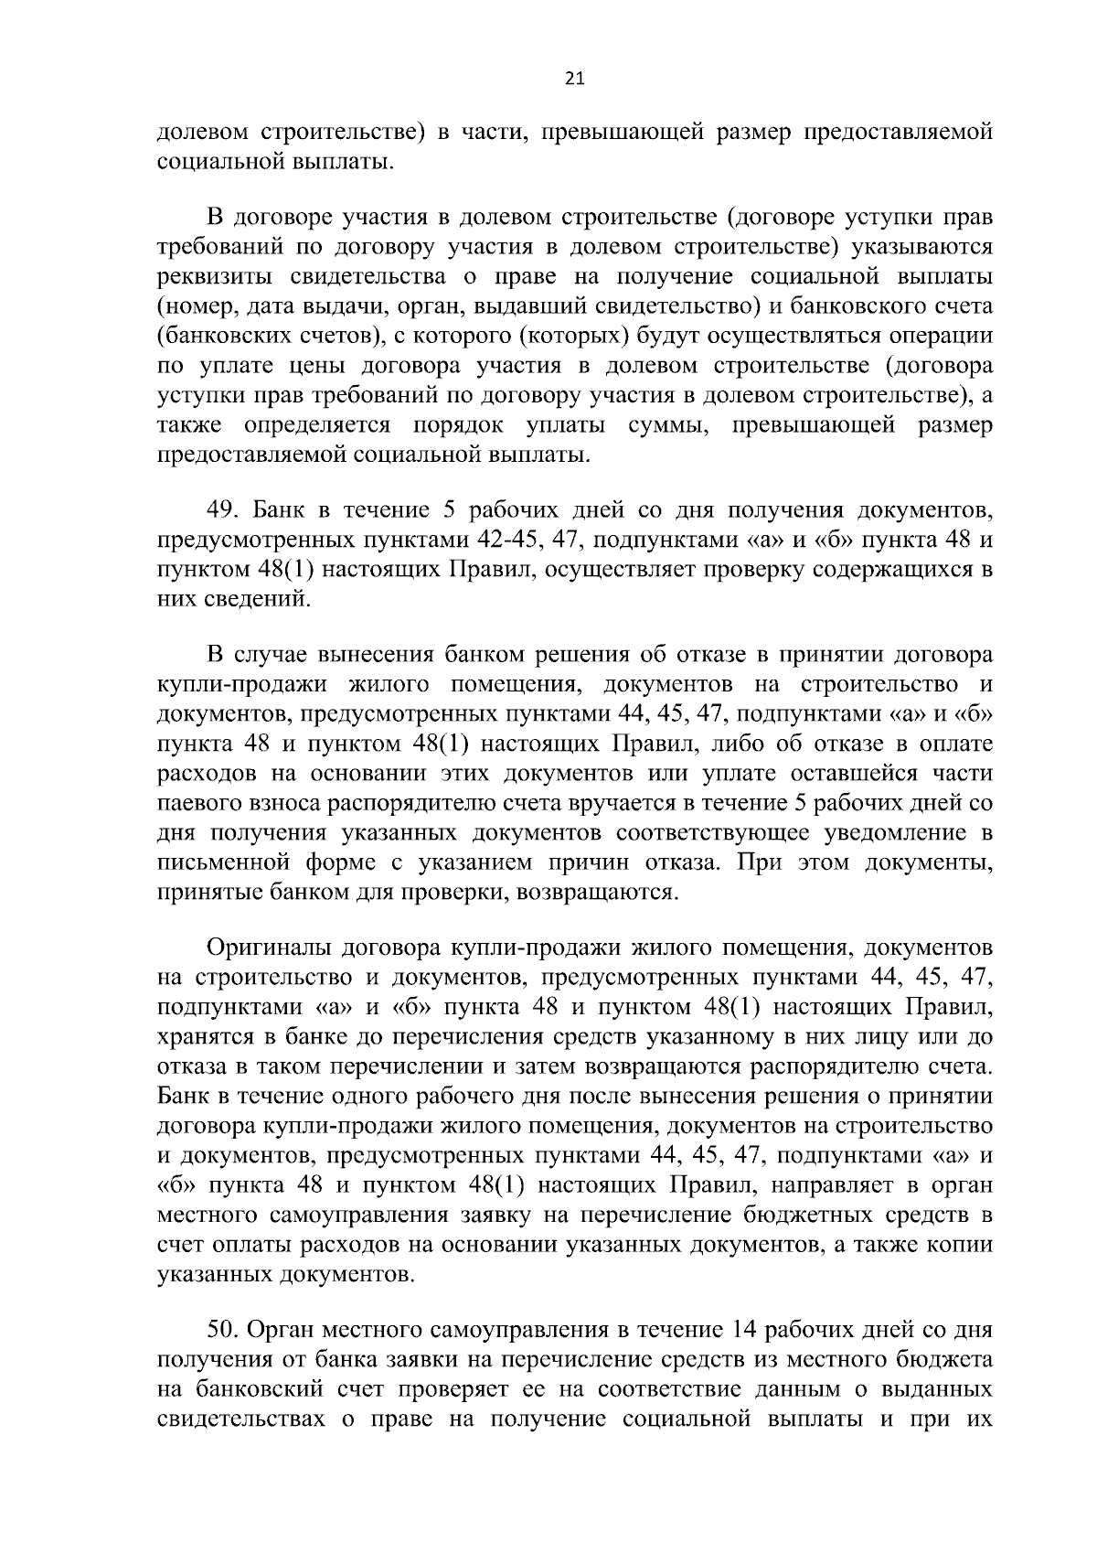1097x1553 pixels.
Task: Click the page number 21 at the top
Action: point(574,79)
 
